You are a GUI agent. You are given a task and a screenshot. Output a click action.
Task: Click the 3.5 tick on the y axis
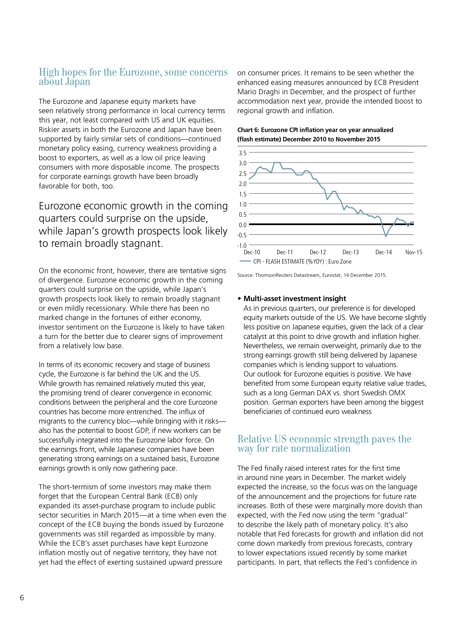243,153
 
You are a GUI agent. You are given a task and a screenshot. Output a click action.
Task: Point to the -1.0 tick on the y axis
242,246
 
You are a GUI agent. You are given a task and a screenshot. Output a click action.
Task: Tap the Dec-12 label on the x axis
318,252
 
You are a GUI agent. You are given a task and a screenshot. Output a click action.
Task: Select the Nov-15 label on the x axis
414,252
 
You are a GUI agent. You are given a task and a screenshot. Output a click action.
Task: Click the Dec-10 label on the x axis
252,252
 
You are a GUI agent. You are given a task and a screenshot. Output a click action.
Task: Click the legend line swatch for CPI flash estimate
245,261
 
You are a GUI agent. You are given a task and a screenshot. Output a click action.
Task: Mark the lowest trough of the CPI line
386,236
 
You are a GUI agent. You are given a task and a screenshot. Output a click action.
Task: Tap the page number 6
22,597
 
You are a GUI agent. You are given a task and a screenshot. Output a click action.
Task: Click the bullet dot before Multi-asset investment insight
239,299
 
